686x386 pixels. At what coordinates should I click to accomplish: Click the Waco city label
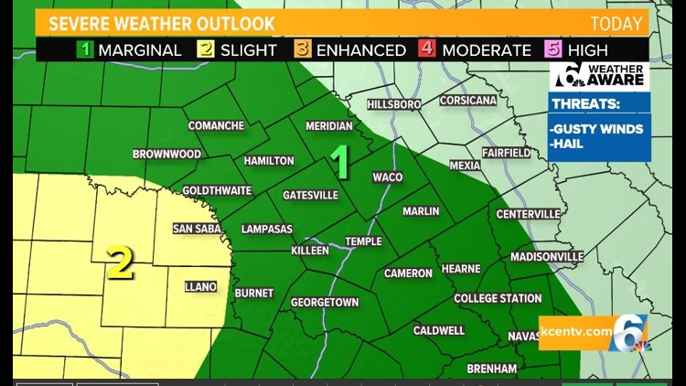tap(388, 177)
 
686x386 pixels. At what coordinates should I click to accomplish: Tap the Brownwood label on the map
tap(166, 155)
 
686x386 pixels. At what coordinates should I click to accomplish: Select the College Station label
tap(498, 298)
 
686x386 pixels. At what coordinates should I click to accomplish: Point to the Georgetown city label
tap(325, 302)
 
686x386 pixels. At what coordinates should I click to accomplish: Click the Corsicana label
tap(467, 101)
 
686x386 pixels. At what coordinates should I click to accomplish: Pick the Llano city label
tap(200, 286)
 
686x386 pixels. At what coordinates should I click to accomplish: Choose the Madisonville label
tap(547, 256)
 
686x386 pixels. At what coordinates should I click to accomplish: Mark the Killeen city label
tap(310, 250)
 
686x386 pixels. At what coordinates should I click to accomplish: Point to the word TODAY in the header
tap(616, 23)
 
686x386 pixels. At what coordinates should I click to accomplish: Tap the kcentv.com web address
tap(575, 329)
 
